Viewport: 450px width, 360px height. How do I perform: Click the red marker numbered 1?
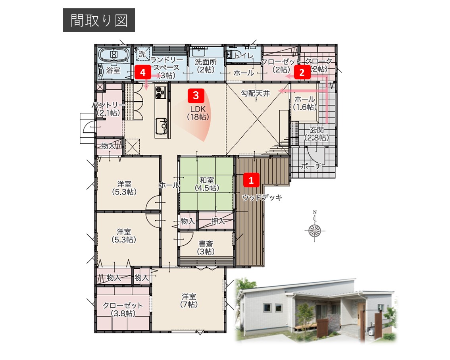click(251, 180)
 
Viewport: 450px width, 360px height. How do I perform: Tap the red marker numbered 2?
click(302, 72)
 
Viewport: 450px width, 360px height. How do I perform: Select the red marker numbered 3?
click(196, 96)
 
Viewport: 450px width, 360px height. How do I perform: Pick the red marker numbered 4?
click(142, 72)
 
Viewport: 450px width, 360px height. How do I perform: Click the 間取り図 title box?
click(99, 20)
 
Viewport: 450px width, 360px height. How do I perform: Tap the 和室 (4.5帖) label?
click(207, 184)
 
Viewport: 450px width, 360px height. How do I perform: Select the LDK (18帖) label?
click(198, 113)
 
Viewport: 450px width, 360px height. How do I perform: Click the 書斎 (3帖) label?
click(206, 248)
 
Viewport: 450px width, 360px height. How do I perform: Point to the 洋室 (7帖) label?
click(189, 300)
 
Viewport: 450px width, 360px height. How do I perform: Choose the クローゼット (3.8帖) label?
click(123, 309)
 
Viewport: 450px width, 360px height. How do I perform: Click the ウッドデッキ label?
click(262, 198)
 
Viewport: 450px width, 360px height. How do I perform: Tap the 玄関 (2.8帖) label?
click(317, 133)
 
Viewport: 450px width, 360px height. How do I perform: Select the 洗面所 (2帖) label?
click(206, 66)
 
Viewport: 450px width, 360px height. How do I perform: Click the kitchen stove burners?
click(161, 92)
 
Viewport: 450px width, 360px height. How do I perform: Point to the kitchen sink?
click(162, 126)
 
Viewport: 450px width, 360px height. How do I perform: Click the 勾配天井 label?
click(256, 93)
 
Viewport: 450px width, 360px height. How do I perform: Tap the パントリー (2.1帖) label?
click(108, 109)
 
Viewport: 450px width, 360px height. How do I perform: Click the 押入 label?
click(218, 221)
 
